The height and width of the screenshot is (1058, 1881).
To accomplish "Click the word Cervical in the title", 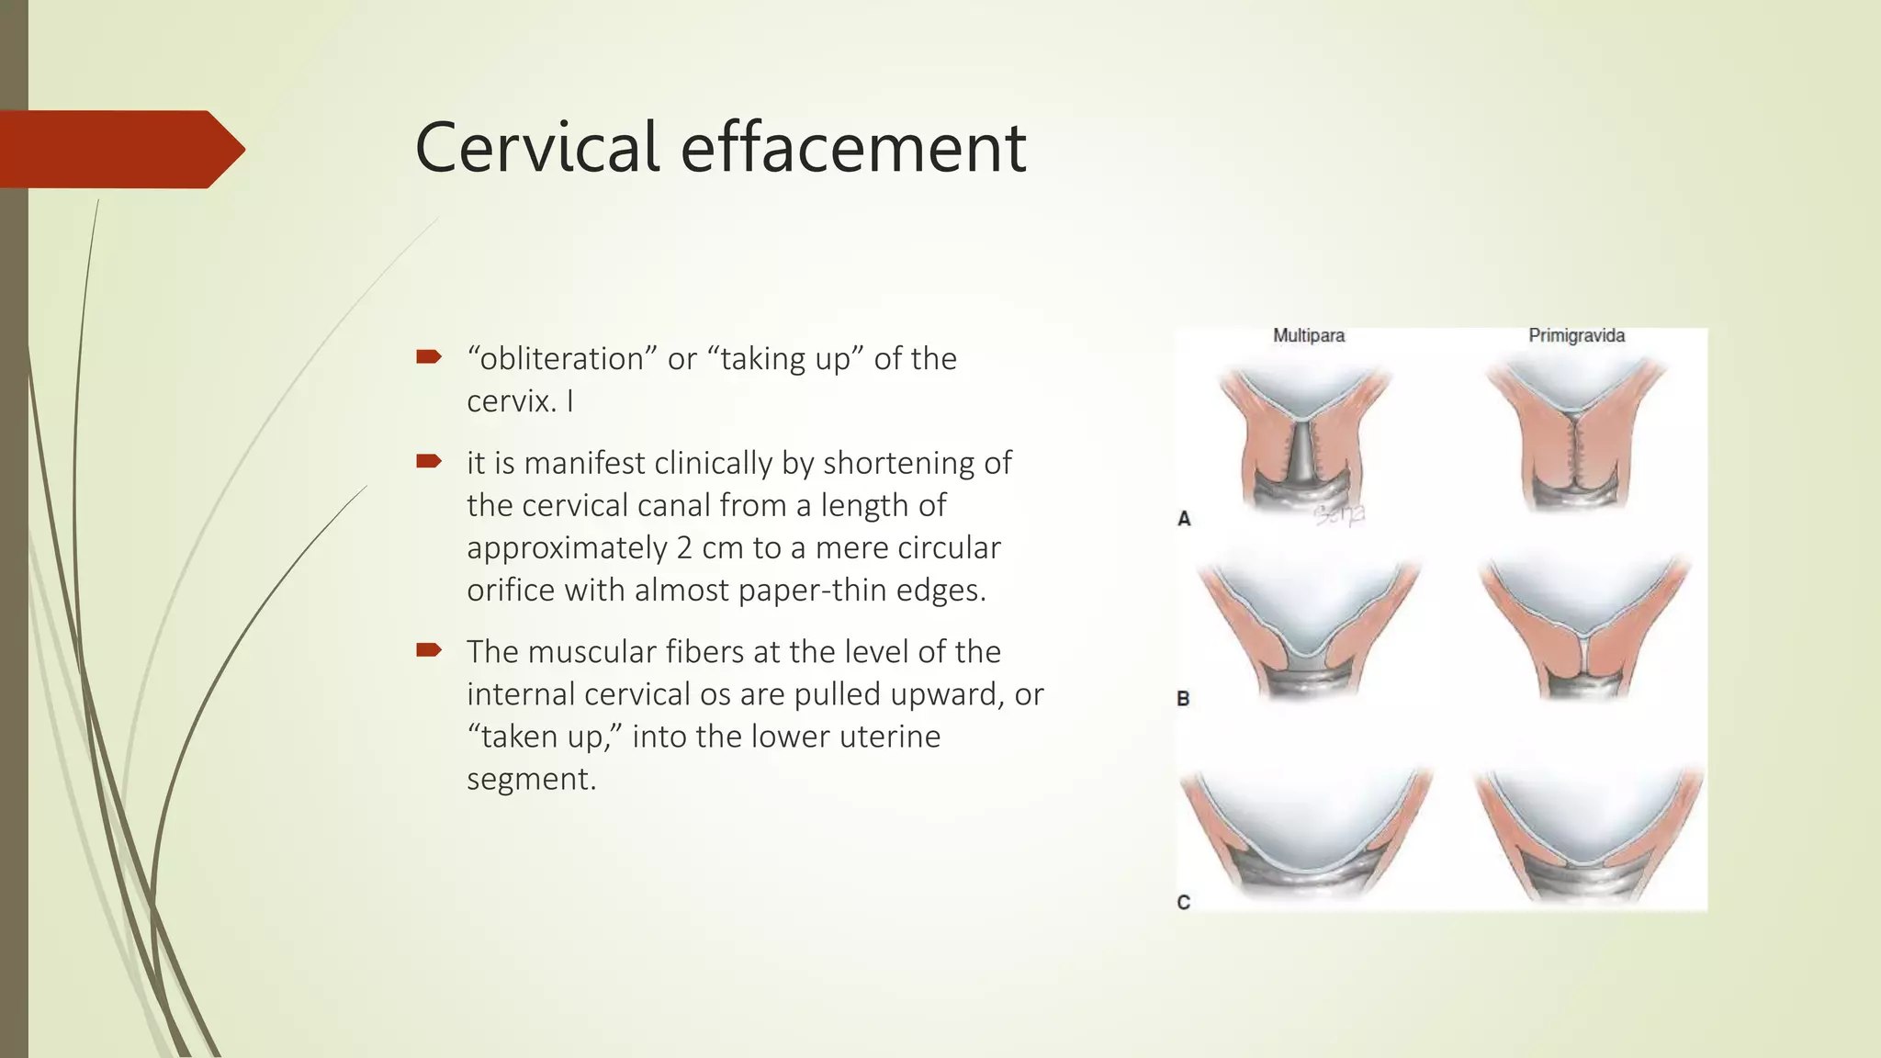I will tap(536, 147).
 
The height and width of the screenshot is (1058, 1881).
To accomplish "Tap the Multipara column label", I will tap(1308, 336).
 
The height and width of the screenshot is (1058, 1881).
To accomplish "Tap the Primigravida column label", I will tap(1576, 336).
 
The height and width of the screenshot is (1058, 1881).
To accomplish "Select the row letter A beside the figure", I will tap(1184, 519).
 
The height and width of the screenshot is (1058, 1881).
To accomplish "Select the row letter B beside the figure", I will tap(1183, 699).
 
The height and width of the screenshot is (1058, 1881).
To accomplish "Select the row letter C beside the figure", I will tap(1183, 903).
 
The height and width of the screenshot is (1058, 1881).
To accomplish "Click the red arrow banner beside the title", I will tap(119, 149).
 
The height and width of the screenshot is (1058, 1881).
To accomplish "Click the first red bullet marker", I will tap(428, 357).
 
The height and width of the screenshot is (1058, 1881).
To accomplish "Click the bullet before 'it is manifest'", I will tap(428, 461).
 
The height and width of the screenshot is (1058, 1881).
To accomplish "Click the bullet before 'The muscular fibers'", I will tap(428, 650).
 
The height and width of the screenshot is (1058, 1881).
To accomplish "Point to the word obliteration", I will tap(557, 359).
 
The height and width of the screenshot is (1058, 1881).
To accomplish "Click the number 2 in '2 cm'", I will tap(684, 548).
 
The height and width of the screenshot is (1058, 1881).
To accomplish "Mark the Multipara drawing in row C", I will tap(1304, 831).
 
